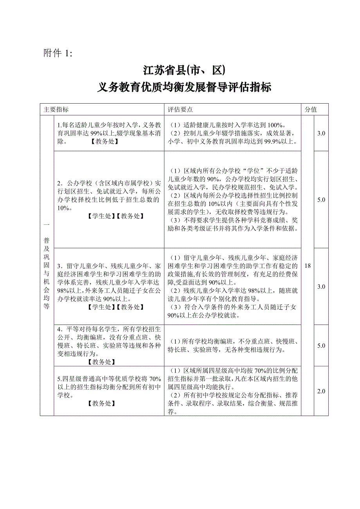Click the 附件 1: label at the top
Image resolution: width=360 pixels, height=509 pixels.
click(x=58, y=54)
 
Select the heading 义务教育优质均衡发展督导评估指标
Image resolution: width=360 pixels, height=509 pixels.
click(x=184, y=87)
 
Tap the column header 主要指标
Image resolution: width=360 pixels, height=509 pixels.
click(x=56, y=109)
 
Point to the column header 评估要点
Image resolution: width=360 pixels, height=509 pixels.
click(x=180, y=109)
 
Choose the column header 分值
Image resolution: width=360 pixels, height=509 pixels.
click(x=311, y=109)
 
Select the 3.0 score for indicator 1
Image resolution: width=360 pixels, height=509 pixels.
click(x=321, y=133)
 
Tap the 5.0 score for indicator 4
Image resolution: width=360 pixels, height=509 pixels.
click(x=321, y=346)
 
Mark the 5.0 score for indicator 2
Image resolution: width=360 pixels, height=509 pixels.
click(x=321, y=200)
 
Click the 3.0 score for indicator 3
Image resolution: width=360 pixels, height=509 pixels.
click(x=321, y=287)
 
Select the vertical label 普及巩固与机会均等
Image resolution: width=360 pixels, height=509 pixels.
click(x=47, y=266)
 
